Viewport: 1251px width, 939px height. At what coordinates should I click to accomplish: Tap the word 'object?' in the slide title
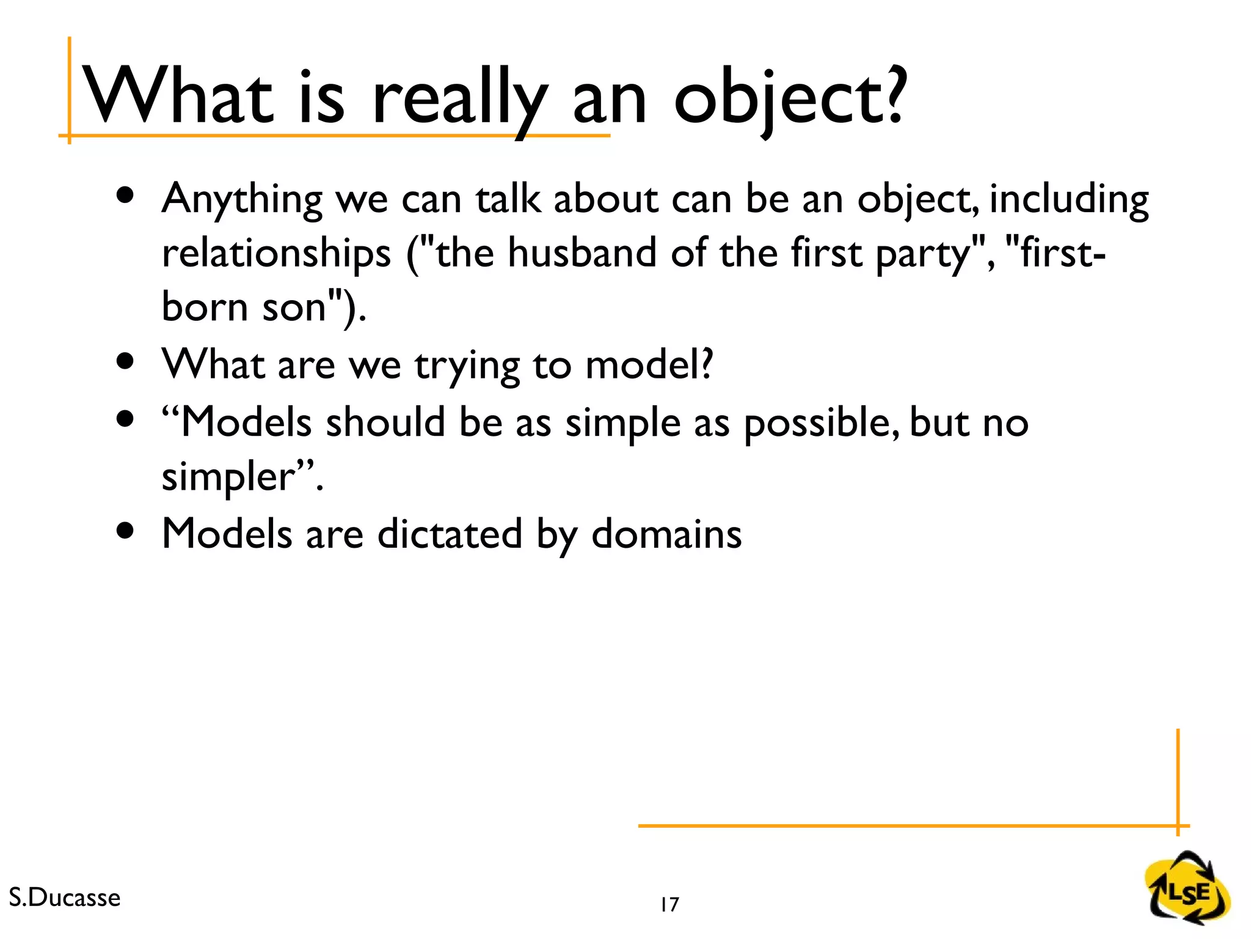(788, 98)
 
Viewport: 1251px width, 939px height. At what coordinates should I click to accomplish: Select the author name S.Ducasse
(65, 897)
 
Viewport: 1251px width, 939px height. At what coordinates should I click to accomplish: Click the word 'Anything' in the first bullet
(242, 199)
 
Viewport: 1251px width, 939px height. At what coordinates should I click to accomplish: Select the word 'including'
(1069, 199)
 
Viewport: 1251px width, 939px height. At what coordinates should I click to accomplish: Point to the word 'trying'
(467, 366)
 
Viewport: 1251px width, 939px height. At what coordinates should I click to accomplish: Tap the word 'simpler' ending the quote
(229, 477)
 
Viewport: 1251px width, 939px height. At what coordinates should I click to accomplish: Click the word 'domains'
(666, 534)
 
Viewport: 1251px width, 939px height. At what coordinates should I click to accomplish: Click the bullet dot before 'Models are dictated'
(125, 531)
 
